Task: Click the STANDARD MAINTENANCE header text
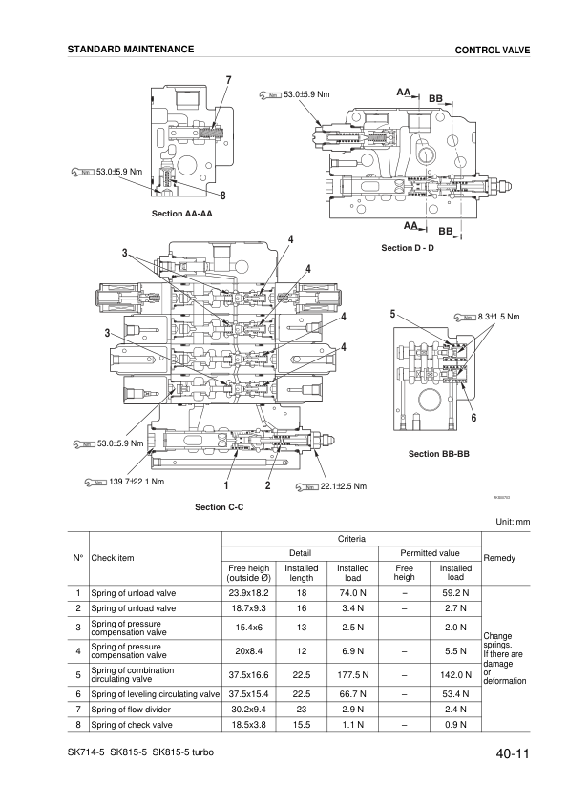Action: [131, 49]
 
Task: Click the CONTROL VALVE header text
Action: [493, 50]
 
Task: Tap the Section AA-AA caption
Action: [181, 215]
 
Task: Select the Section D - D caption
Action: [408, 248]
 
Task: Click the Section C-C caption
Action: [219, 507]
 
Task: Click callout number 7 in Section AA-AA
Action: [228, 78]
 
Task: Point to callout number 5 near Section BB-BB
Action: [393, 314]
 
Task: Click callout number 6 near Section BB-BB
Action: [473, 418]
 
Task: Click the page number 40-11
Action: [512, 755]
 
